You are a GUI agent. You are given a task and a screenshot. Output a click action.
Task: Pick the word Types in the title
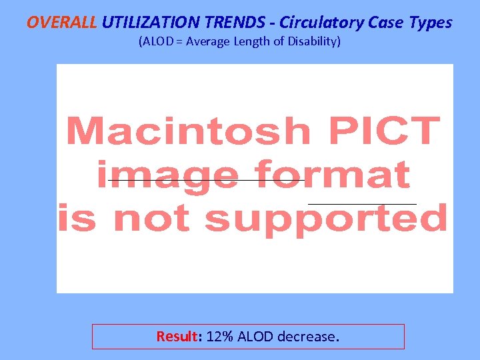tap(432, 22)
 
